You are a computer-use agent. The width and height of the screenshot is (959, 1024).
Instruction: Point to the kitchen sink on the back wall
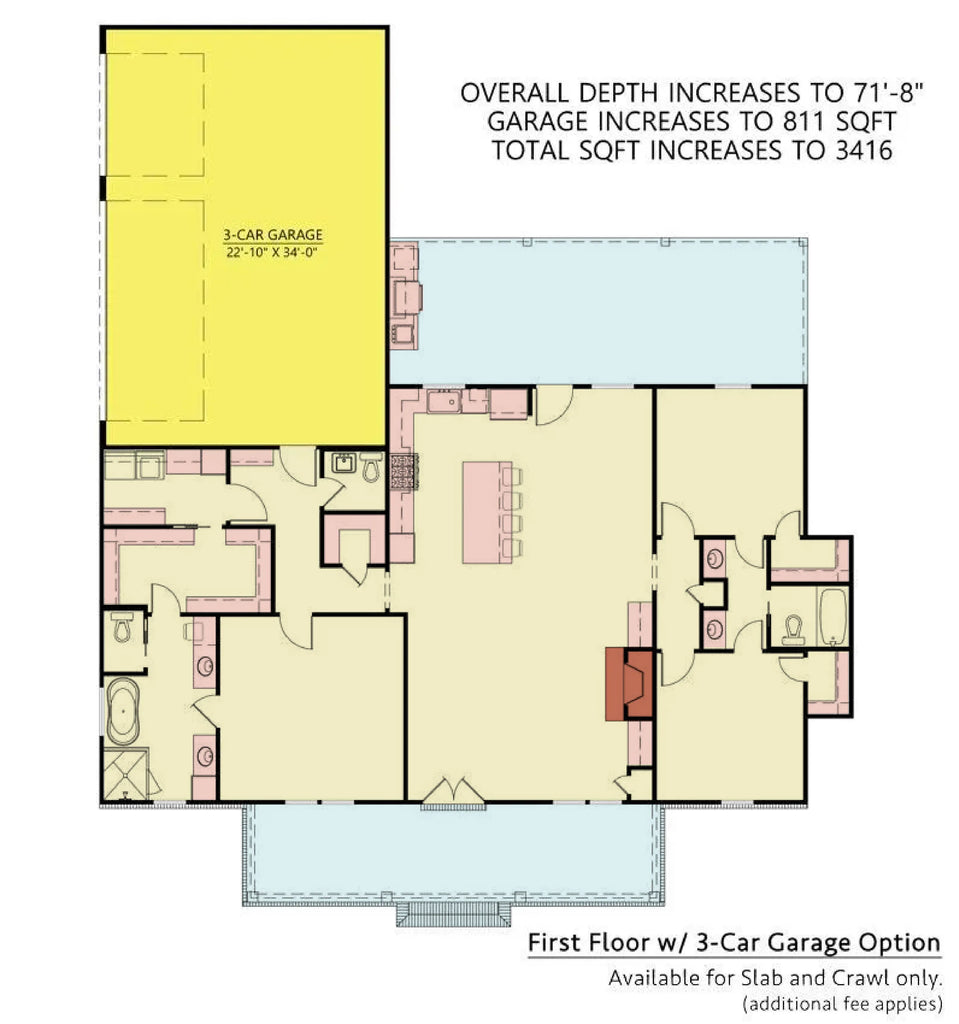pyautogui.click(x=443, y=402)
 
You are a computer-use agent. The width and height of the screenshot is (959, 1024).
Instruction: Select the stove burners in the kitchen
pyautogui.click(x=403, y=471)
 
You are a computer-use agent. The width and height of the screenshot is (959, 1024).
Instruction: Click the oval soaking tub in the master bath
pyautogui.click(x=124, y=712)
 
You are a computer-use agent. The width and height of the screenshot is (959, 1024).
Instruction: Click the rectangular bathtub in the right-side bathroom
pyautogui.click(x=833, y=617)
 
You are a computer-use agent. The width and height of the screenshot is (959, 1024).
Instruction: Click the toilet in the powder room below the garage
pyautogui.click(x=370, y=467)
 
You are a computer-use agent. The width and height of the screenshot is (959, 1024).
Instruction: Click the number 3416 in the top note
pyautogui.click(x=858, y=151)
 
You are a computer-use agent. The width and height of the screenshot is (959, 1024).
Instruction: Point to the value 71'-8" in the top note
pyautogui.click(x=877, y=93)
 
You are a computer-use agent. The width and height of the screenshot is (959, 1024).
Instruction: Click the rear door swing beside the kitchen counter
pyautogui.click(x=553, y=405)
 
